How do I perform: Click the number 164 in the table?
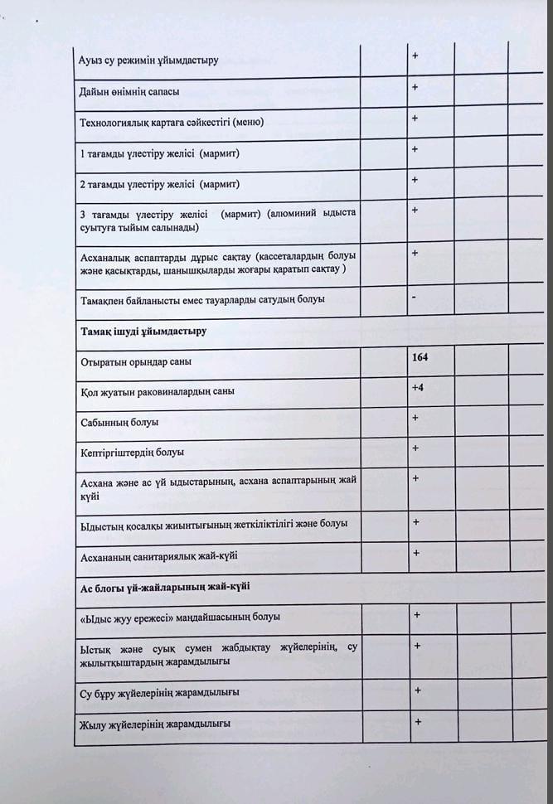pyautogui.click(x=420, y=358)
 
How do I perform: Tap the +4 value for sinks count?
pyautogui.click(x=418, y=387)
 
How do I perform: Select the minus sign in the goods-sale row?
pyautogui.click(x=413, y=297)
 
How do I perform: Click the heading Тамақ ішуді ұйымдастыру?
pyautogui.click(x=143, y=331)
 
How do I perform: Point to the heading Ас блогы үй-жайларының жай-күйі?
pyautogui.click(x=165, y=586)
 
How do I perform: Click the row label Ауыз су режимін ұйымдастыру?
pyautogui.click(x=148, y=61)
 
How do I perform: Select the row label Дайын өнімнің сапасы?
pyautogui.click(x=129, y=91)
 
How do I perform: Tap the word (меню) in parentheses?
pyautogui.click(x=248, y=123)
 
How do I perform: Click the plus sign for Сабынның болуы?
pyautogui.click(x=415, y=418)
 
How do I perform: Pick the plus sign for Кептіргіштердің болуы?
pyautogui.click(x=415, y=448)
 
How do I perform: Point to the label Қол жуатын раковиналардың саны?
pyautogui.click(x=157, y=391)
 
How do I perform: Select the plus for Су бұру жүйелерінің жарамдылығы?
pyautogui.click(x=418, y=690)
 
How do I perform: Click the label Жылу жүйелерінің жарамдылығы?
pyautogui.click(x=154, y=724)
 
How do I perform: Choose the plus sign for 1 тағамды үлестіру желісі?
pyautogui.click(x=415, y=149)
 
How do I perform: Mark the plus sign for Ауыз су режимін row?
pyautogui.click(x=415, y=56)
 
